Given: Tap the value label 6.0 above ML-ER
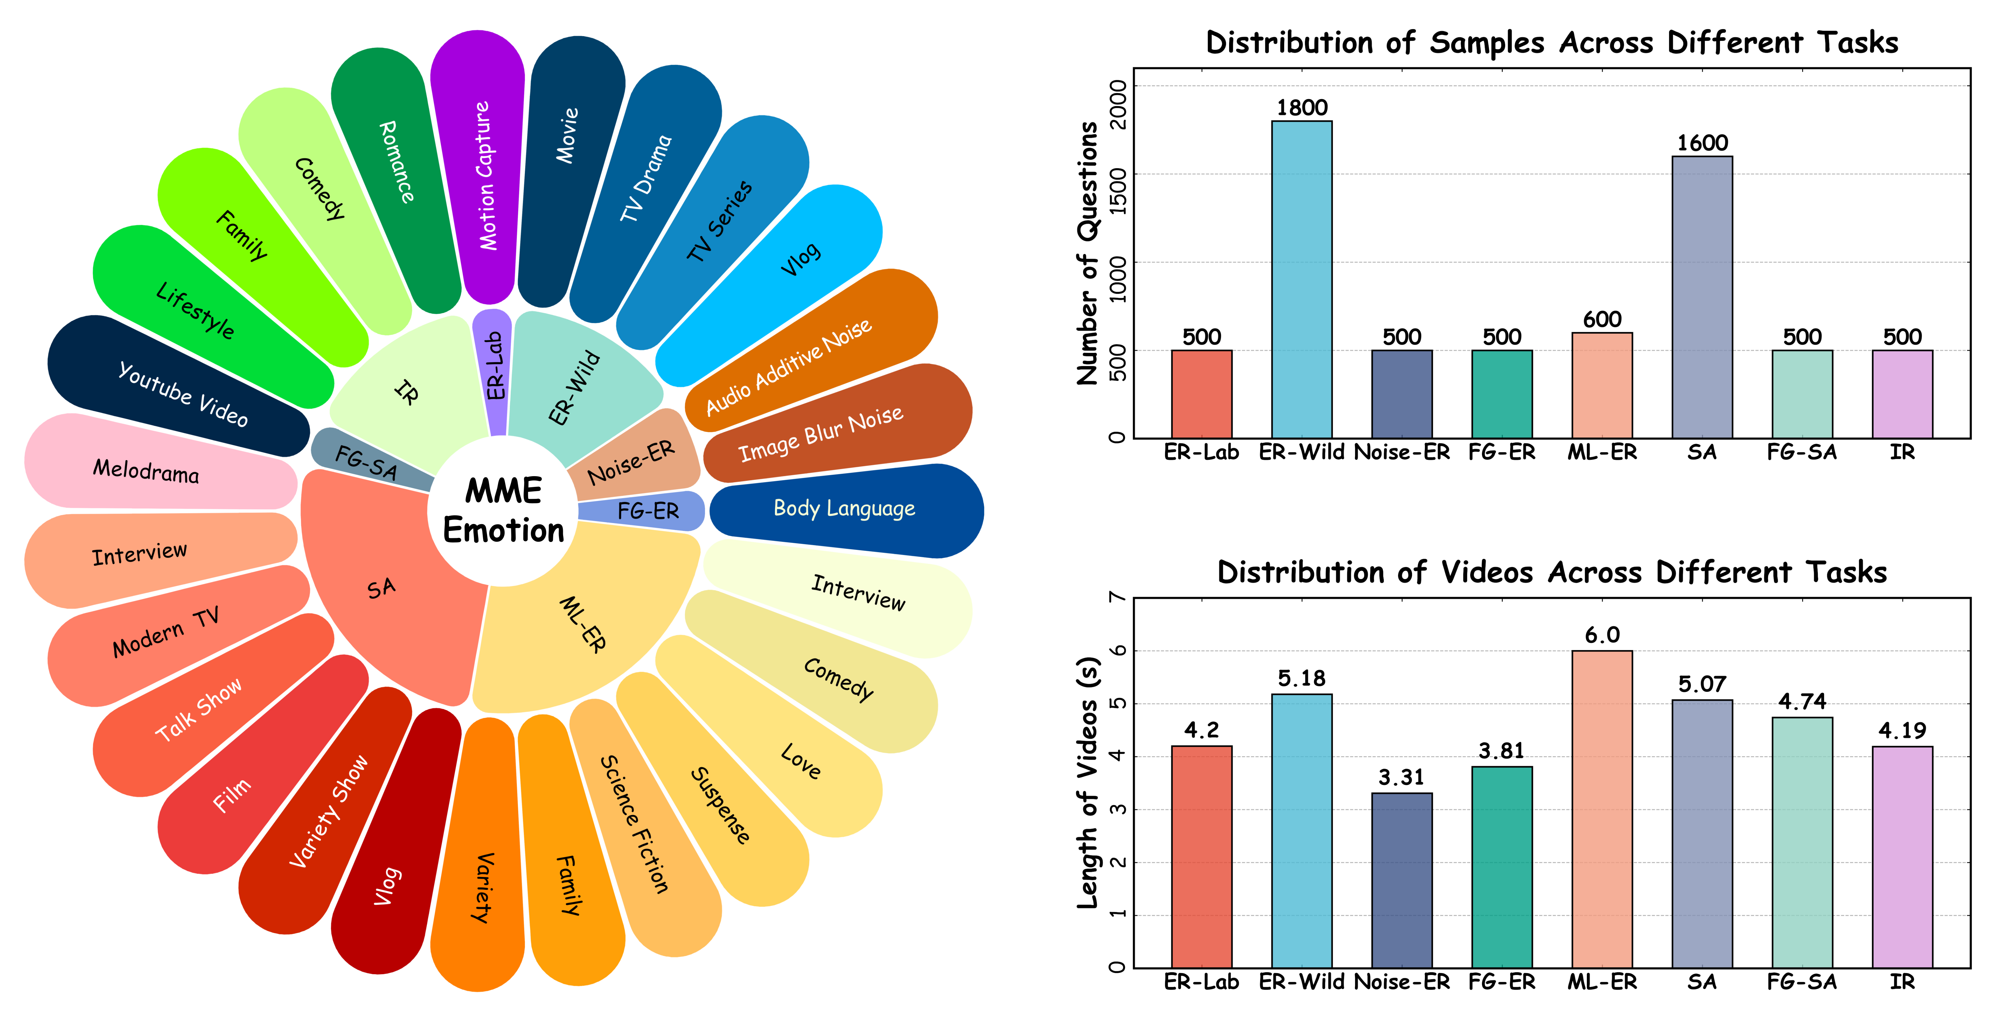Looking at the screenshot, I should [1602, 635].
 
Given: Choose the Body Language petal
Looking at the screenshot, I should [844, 509].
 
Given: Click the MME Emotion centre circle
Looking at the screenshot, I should [503, 511].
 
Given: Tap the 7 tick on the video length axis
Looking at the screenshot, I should [1118, 597].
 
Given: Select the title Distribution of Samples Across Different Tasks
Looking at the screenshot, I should [1551, 43].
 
